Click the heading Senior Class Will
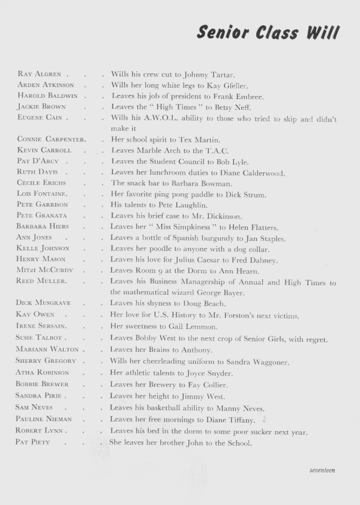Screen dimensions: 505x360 [x=268, y=32]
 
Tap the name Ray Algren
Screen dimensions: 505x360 [x=40, y=74]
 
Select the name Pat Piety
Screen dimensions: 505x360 [x=34, y=443]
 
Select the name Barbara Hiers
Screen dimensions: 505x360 [x=43, y=226]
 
